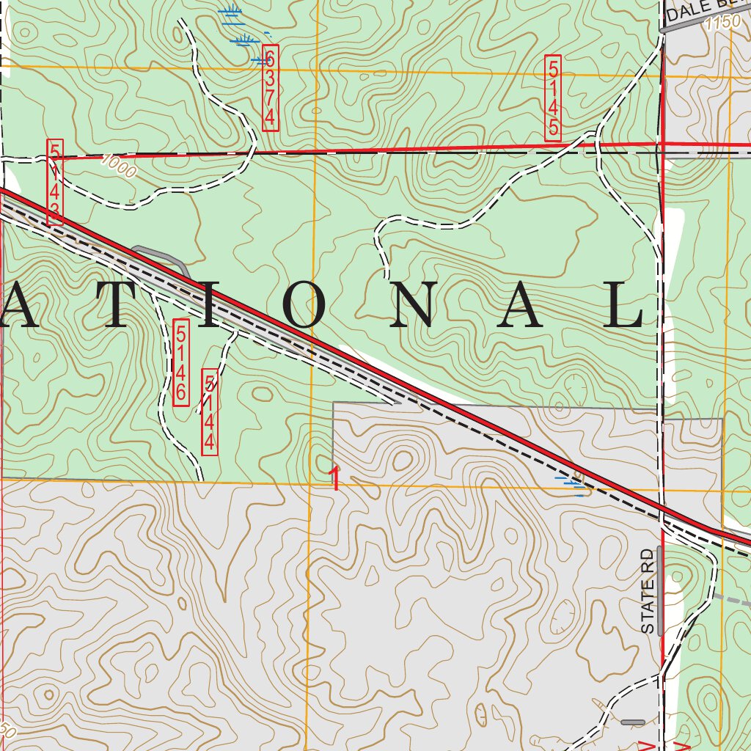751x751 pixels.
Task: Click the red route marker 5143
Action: pos(55,182)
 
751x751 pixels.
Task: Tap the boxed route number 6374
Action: pos(270,87)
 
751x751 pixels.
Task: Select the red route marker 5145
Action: pos(553,100)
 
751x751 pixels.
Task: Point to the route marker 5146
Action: pos(180,362)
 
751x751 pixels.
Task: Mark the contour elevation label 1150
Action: pos(720,23)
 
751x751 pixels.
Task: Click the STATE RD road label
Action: pos(647,591)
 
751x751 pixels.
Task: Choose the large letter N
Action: pos(413,304)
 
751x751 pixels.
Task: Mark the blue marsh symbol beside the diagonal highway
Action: pos(572,484)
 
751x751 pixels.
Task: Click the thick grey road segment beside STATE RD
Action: pos(660,590)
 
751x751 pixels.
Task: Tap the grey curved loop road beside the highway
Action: pos(163,258)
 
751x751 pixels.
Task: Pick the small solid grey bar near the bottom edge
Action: pos(632,722)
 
